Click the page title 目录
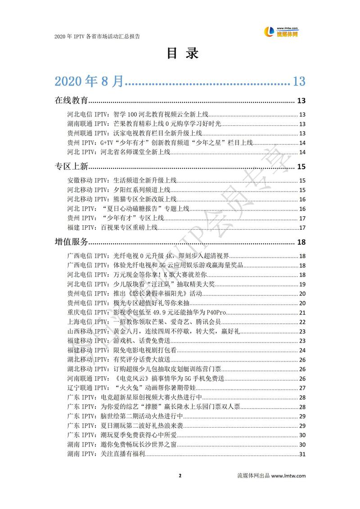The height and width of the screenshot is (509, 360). (x=180, y=53)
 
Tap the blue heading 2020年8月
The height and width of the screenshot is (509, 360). (x=89, y=81)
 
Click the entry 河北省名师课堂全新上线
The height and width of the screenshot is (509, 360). (x=118, y=152)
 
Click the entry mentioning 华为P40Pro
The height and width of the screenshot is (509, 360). (x=146, y=313)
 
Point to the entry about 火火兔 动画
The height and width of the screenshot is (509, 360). (x=132, y=388)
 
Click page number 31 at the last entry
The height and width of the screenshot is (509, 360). (x=302, y=454)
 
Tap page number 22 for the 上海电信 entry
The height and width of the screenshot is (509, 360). (x=302, y=322)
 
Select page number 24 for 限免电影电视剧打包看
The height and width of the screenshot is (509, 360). (x=302, y=350)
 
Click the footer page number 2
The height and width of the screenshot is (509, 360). (x=180, y=476)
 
